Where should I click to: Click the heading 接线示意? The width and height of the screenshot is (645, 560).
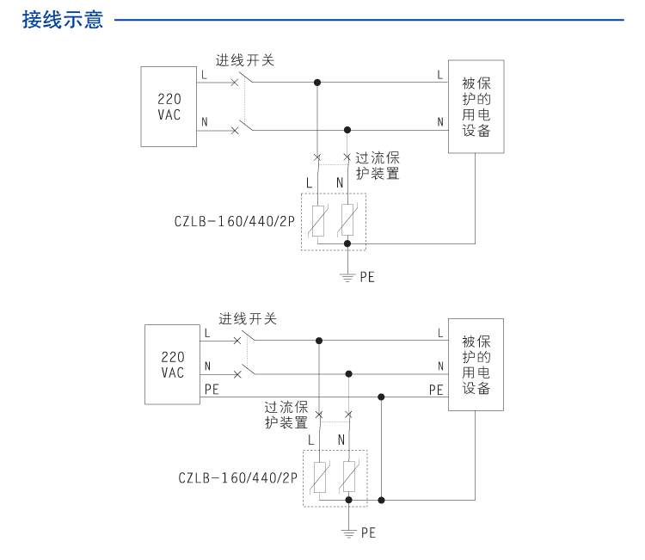(63, 20)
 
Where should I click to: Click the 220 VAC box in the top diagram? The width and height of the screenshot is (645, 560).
(169, 107)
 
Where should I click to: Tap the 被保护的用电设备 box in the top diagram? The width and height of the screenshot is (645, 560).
(476, 107)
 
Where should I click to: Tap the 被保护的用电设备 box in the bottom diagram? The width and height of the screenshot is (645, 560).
(476, 365)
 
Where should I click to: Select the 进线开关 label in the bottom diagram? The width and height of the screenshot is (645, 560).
(248, 319)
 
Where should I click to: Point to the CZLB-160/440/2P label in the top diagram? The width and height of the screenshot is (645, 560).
(235, 221)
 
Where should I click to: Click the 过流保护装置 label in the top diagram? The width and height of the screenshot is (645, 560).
(378, 165)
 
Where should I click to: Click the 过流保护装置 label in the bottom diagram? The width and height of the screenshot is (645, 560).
(286, 415)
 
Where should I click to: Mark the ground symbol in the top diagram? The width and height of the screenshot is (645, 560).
(347, 276)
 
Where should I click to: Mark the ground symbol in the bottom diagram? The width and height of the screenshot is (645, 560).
(348, 532)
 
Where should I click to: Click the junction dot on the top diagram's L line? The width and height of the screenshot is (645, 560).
(317, 83)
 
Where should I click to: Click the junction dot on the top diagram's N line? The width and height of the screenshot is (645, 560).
(347, 130)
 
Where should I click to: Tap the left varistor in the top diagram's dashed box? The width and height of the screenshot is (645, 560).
(317, 221)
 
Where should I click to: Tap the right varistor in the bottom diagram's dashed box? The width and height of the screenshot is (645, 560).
(348, 477)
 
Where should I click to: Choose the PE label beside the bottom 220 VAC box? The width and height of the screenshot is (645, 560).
(212, 389)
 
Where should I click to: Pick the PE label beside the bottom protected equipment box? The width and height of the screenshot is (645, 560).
(437, 390)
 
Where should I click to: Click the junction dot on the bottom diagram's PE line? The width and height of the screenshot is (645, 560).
(381, 397)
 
